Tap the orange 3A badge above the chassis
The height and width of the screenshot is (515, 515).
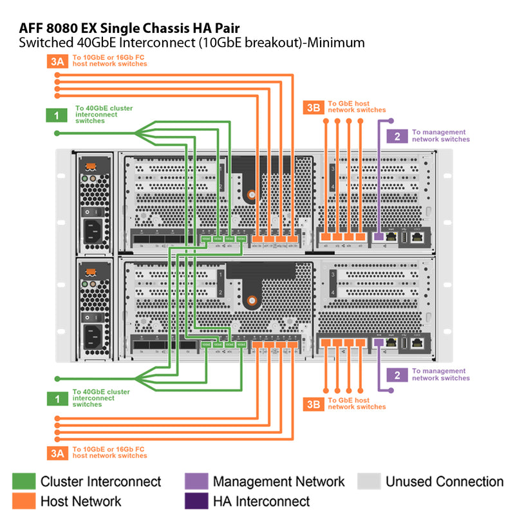57,62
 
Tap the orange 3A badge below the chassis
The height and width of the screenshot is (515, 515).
57,453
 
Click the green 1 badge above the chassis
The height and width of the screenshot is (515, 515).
57,115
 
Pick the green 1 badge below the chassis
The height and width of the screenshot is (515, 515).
57,399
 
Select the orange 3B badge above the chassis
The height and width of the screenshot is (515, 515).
314,108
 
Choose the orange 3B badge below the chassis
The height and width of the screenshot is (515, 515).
314,404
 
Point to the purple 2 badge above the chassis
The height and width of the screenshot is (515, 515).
397,136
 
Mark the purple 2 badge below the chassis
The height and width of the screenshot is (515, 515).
397,375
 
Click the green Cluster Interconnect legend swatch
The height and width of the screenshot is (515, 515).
24,482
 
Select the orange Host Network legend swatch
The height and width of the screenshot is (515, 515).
24,501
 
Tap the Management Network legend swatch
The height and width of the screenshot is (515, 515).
196,482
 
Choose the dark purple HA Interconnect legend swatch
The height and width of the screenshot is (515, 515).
196,501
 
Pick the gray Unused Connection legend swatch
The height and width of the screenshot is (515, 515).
369,482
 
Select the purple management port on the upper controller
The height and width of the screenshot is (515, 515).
379,238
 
